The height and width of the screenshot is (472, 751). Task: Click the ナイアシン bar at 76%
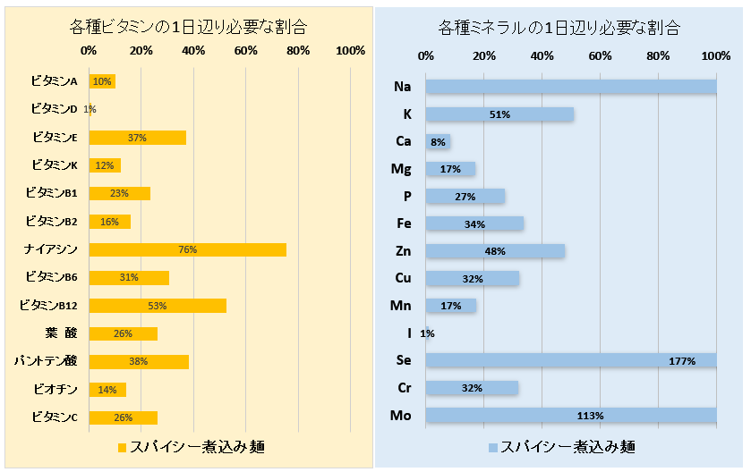pyautogui.click(x=187, y=249)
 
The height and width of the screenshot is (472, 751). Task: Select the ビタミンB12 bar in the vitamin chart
pyautogui.click(x=158, y=306)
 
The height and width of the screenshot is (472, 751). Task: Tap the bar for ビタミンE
pyautogui.click(x=137, y=138)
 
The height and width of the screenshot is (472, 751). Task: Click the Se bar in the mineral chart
pyautogui.click(x=570, y=360)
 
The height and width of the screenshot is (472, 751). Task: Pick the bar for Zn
pyautogui.click(x=495, y=251)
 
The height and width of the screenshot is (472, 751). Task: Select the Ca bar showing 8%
pyautogui.click(x=438, y=141)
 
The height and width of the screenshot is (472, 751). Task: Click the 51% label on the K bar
pyautogui.click(x=499, y=114)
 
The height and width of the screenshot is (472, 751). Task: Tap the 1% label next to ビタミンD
pyautogui.click(x=90, y=110)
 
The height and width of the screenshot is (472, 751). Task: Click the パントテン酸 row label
pyautogui.click(x=46, y=361)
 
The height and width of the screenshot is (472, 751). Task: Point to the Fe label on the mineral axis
pyautogui.click(x=403, y=223)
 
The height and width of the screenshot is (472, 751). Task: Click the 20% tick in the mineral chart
pyautogui.click(x=484, y=56)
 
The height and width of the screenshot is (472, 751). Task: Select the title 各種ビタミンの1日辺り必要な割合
pyautogui.click(x=187, y=26)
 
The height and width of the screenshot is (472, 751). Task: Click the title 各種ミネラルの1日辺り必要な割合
pyautogui.click(x=561, y=27)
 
